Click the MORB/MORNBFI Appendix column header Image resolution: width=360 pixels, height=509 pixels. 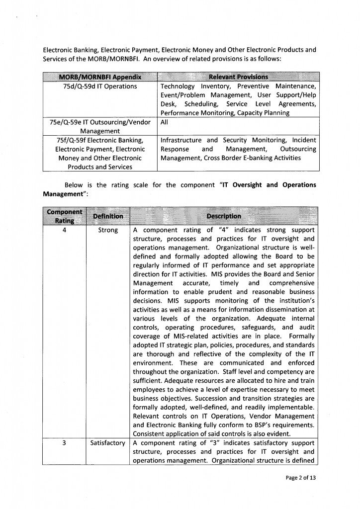pyautogui.click(x=100, y=77)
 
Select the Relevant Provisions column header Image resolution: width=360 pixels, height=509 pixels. pyautogui.click(x=239, y=77)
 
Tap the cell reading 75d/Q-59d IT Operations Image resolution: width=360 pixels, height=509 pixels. pyautogui.click(x=100, y=86)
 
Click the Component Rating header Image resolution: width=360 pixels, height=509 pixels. pyautogui.click(x=64, y=216)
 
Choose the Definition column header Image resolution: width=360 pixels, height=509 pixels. pyautogui.click(x=108, y=216)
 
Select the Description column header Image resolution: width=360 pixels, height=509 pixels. pyautogui.click(x=224, y=216)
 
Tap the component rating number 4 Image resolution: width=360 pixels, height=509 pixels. pyautogui.click(x=65, y=230)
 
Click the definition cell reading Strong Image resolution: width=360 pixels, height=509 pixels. pyautogui.click(x=108, y=230)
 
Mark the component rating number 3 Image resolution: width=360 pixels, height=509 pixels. pyautogui.click(x=65, y=442)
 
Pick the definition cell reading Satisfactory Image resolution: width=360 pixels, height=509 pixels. pyautogui.click(x=108, y=442)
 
